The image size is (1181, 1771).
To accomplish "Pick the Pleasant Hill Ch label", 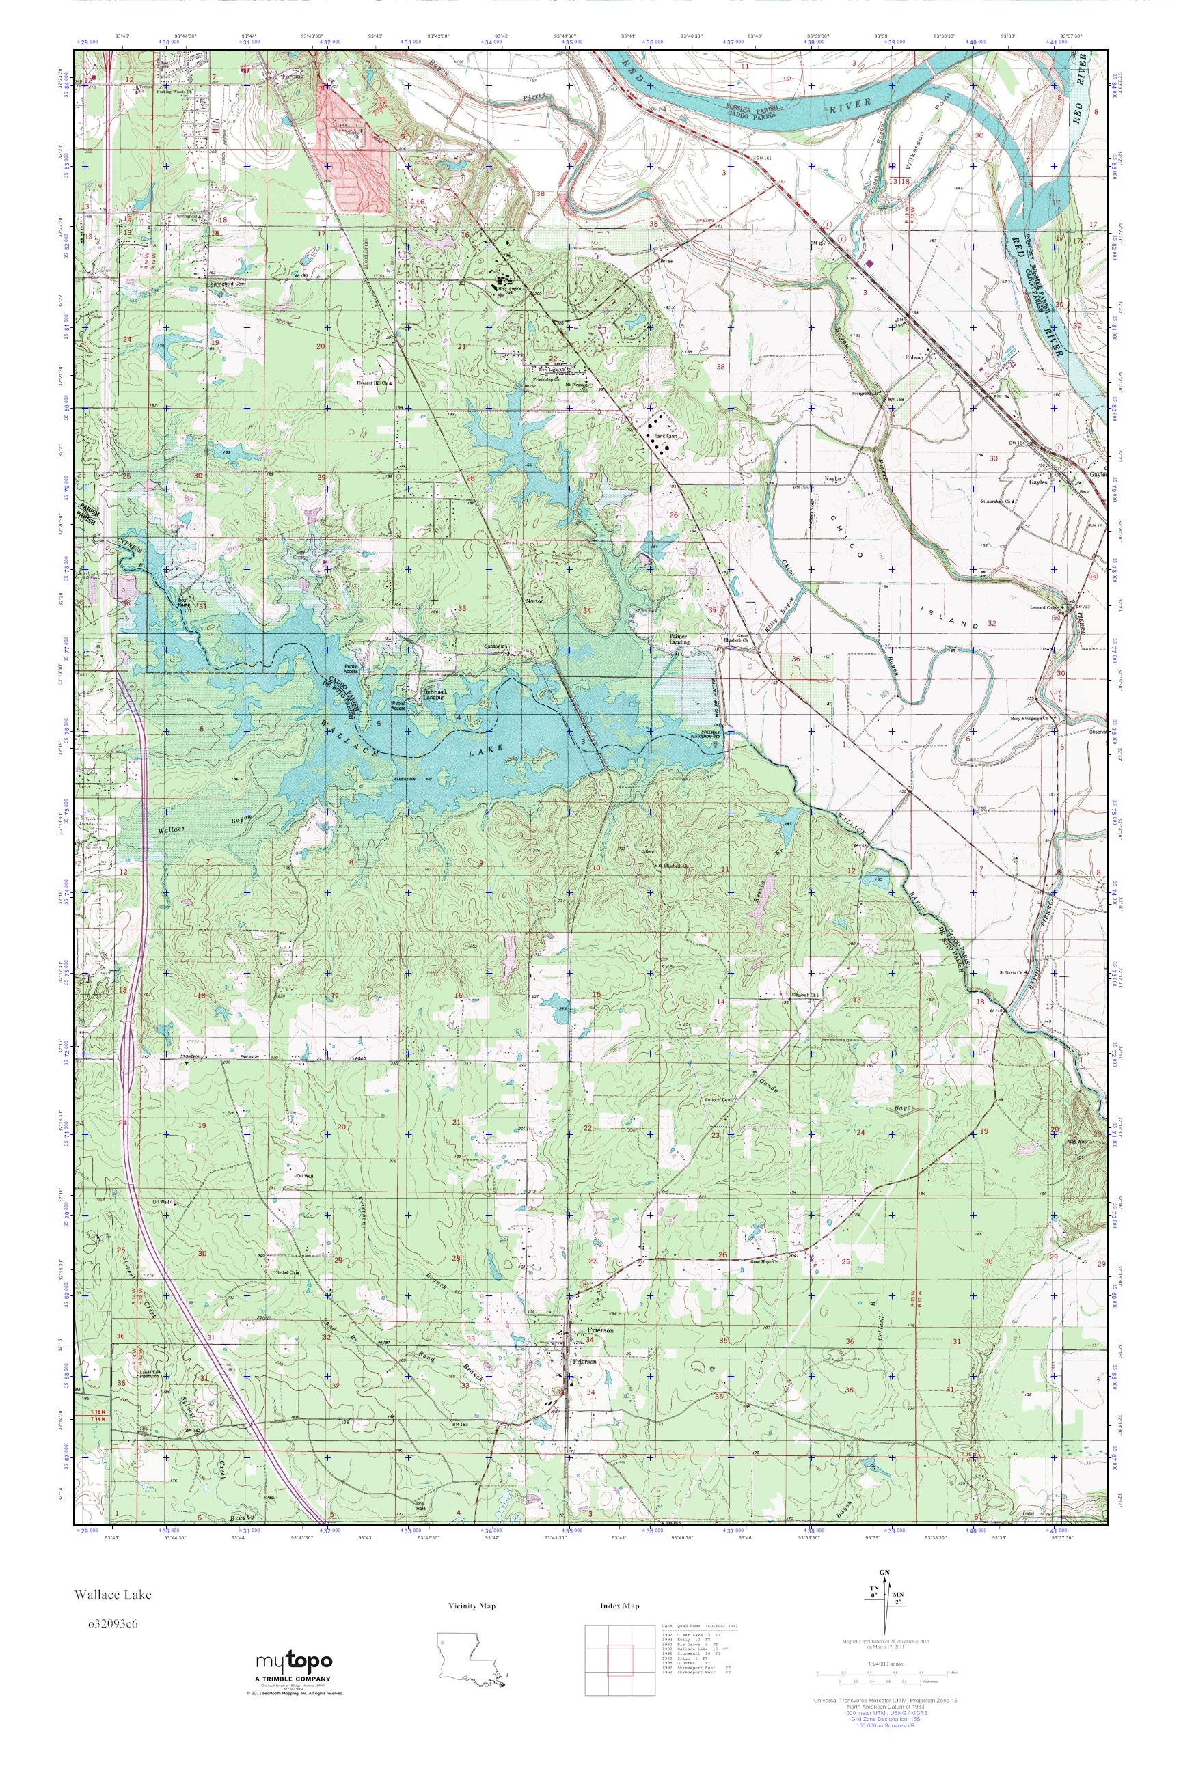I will tap(375, 383).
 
